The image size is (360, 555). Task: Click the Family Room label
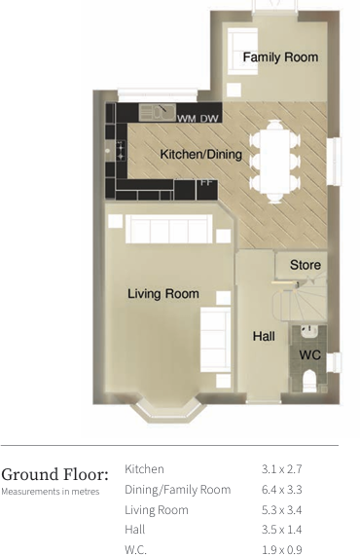click(x=280, y=57)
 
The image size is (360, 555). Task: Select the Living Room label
click(x=163, y=293)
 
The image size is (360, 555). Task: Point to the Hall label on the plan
click(x=264, y=337)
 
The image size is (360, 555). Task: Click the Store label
click(x=305, y=265)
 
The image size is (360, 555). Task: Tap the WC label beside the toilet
click(x=309, y=355)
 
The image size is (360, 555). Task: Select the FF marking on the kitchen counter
click(x=205, y=182)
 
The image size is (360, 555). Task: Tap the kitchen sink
click(x=156, y=110)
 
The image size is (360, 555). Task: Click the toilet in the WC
click(x=309, y=380)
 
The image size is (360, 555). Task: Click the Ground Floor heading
click(x=54, y=474)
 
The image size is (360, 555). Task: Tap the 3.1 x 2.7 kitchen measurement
click(x=282, y=469)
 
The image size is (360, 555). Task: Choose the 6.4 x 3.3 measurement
click(x=282, y=490)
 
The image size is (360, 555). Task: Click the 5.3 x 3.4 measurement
click(x=282, y=510)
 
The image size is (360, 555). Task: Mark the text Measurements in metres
click(x=50, y=492)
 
